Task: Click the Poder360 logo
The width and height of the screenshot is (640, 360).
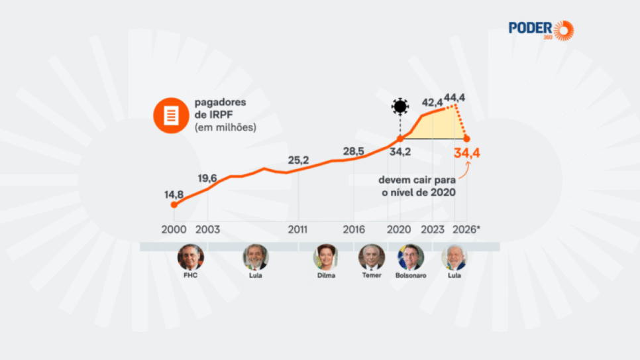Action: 540,30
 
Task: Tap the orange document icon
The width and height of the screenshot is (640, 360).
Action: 171,115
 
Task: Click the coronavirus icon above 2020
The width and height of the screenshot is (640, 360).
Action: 400,107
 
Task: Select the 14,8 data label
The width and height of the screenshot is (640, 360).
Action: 174,195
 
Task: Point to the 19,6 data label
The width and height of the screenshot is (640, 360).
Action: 207,178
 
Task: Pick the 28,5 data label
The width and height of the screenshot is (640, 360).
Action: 353,151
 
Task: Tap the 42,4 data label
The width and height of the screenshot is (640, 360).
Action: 432,102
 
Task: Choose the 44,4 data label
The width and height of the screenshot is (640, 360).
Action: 454,97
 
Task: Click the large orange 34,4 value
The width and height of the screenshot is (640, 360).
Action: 467,154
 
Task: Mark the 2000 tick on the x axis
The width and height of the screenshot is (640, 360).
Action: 174,229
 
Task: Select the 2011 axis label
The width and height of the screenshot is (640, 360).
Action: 298,229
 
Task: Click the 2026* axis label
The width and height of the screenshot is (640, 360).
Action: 466,229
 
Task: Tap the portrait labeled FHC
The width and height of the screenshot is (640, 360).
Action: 191,257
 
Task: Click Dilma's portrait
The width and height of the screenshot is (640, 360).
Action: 325,257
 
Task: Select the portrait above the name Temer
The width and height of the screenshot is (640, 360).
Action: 371,257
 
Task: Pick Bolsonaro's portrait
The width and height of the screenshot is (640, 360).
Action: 411,257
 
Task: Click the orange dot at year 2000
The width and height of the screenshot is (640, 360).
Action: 174,205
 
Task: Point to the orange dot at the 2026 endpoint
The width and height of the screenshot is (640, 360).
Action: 467,139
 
